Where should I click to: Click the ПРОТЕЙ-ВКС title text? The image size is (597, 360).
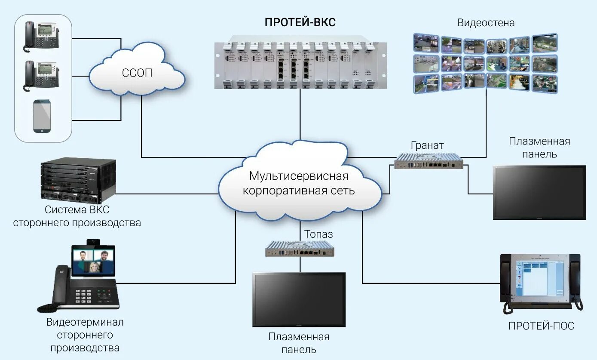(300, 23)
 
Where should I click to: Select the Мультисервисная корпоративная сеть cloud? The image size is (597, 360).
(299, 183)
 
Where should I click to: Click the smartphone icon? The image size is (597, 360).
(42, 116)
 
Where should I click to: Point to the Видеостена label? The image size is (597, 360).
(486, 23)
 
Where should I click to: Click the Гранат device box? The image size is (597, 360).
(429, 161)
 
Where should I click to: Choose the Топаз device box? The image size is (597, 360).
(300, 249)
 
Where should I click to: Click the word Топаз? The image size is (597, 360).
(318, 234)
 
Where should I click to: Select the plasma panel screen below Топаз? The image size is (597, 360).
(299, 299)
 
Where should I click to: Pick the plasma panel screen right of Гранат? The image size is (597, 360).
(539, 192)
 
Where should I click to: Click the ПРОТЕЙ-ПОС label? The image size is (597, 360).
(541, 326)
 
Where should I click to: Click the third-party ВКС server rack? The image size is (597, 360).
(78, 181)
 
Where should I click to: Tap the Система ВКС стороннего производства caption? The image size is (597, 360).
(77, 217)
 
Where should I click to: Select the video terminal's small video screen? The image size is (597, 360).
(93, 260)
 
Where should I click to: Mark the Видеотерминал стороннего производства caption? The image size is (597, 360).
(85, 335)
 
